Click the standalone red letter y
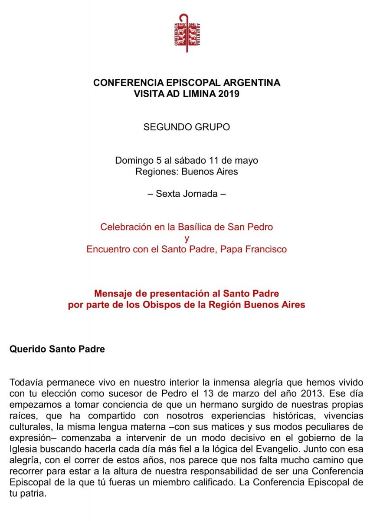pyautogui.click(x=187, y=238)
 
